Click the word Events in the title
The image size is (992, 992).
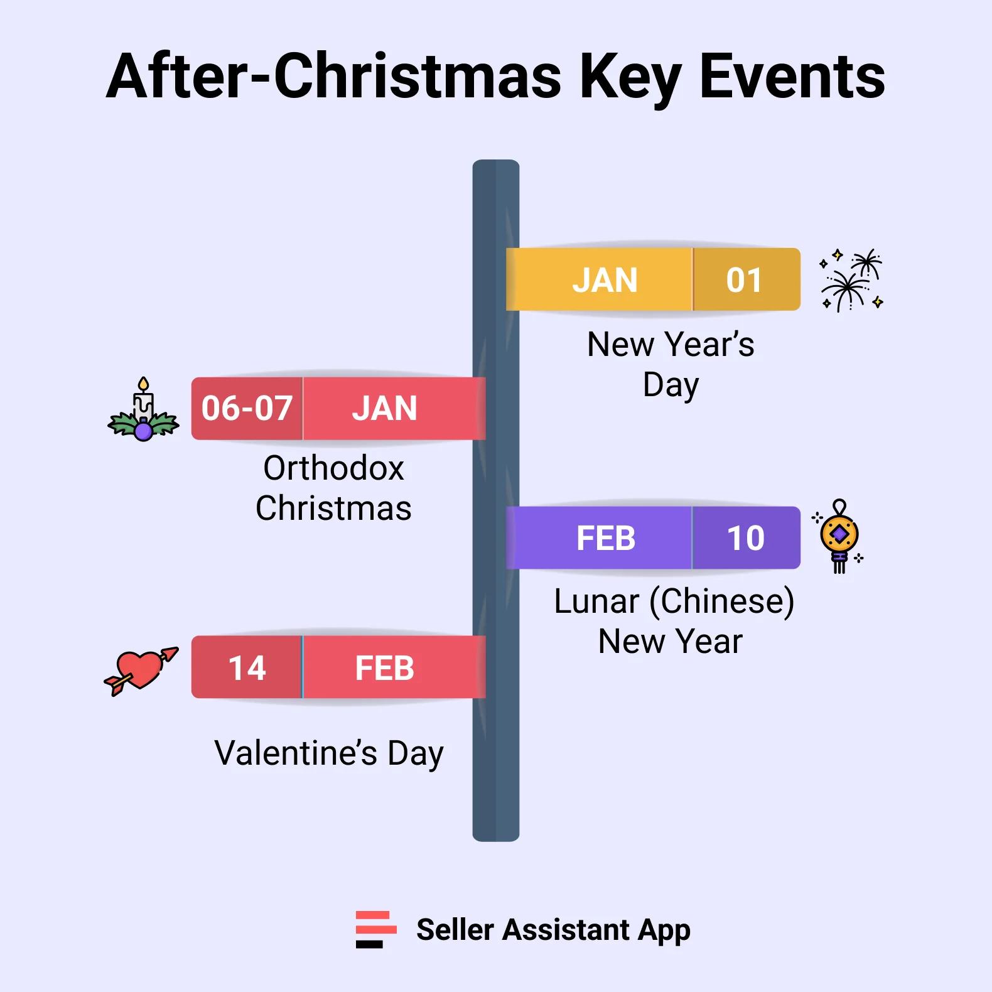pos(792,77)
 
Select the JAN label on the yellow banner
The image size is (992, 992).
pos(605,280)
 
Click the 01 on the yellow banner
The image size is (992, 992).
pos(745,280)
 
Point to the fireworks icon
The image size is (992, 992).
pos(851,280)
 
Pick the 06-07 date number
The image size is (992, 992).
pos(247,409)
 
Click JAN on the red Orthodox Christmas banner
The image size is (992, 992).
pos(384,409)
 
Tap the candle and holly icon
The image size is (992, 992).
pos(144,411)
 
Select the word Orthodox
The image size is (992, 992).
pos(333,468)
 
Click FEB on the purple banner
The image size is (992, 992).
pos(606,539)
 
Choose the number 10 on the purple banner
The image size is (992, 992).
pos(745,539)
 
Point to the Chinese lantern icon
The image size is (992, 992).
pos(839,537)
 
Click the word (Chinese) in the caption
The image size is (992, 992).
pos(721,601)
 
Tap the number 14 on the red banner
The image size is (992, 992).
pos(247,668)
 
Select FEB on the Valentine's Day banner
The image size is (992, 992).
pos(384,668)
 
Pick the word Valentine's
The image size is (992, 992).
pos(296,753)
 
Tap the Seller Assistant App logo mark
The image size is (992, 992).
pos(375,929)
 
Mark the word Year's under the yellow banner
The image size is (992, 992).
pos(709,345)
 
